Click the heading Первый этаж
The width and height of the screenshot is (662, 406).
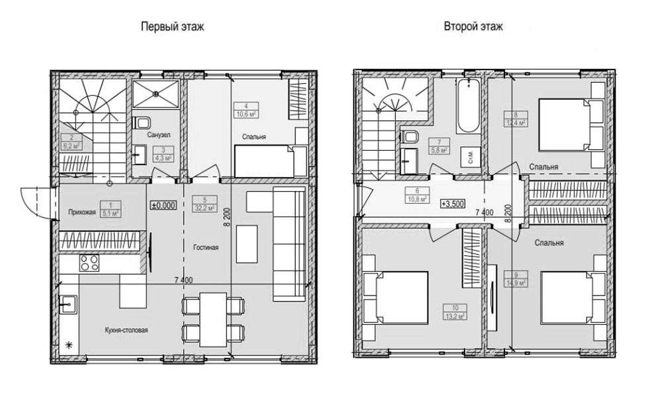click(x=172, y=27)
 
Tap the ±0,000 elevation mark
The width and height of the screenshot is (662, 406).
click(x=164, y=206)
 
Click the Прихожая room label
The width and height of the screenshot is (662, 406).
click(x=82, y=212)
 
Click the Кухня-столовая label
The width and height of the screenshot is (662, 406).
click(x=126, y=330)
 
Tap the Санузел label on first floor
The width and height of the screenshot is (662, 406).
click(x=160, y=135)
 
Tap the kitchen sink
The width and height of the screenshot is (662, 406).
click(x=68, y=305)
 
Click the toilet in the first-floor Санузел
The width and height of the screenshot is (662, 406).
click(x=142, y=122)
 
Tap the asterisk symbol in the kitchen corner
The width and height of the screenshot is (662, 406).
click(x=68, y=345)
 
